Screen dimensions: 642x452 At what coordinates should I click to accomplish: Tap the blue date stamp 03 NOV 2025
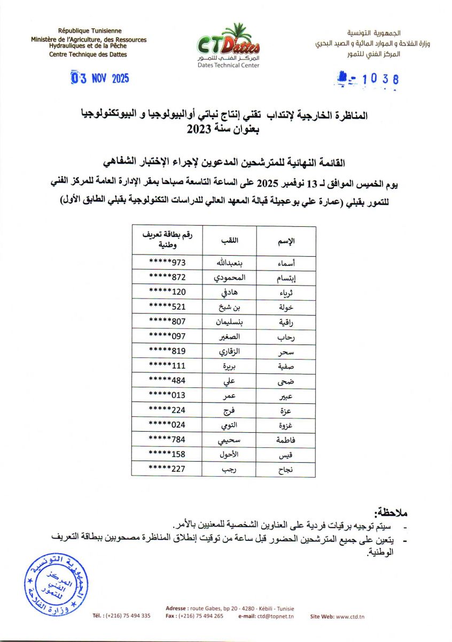pyautogui.click(x=100, y=79)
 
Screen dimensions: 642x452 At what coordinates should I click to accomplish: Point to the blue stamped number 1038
pyautogui.click(x=368, y=80)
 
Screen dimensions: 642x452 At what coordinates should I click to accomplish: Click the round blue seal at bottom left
pyautogui.click(x=52, y=585)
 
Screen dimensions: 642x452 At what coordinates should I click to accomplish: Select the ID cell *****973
pyautogui.click(x=167, y=264)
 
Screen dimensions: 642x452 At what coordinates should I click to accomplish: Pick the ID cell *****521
pyautogui.click(x=167, y=308)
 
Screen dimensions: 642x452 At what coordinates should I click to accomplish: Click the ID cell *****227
pyautogui.click(x=167, y=469)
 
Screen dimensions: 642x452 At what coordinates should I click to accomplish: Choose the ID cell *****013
pyautogui.click(x=167, y=396)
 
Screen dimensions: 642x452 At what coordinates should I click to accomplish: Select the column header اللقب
pyautogui.click(x=229, y=241)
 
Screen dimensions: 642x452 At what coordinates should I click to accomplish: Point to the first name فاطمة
pyautogui.click(x=284, y=440)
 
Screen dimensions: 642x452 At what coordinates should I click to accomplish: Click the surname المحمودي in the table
pyautogui.click(x=229, y=279)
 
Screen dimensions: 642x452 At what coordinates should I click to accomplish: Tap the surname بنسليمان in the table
pyautogui.click(x=229, y=323)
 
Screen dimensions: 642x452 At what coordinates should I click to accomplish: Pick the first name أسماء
pyautogui.click(x=284, y=264)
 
